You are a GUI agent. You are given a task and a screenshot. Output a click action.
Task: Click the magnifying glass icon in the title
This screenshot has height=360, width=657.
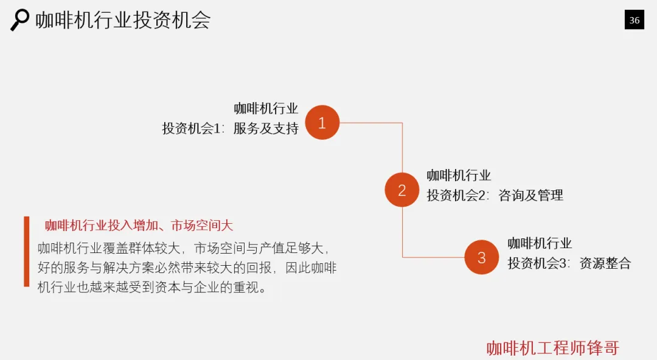click(19, 19)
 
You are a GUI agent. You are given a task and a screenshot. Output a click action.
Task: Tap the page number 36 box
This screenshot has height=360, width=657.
click(634, 20)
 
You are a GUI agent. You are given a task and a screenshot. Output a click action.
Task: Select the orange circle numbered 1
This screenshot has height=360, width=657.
click(322, 123)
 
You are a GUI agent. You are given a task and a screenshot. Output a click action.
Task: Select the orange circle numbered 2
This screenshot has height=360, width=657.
click(401, 190)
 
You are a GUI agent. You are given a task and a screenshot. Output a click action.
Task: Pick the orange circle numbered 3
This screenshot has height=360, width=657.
click(481, 257)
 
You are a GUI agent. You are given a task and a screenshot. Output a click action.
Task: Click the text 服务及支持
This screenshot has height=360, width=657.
click(266, 128)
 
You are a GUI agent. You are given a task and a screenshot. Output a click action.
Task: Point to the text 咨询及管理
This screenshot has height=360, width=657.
click(530, 195)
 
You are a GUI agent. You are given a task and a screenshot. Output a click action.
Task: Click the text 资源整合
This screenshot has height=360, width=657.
click(605, 263)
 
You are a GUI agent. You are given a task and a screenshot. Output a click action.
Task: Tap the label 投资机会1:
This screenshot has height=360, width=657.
click(193, 128)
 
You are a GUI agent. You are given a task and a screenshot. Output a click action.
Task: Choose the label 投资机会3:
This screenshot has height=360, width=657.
click(540, 263)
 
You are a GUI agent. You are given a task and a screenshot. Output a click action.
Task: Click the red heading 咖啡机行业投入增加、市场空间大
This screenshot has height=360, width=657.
click(139, 226)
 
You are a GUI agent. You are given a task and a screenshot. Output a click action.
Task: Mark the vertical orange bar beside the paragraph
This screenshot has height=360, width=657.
click(27, 251)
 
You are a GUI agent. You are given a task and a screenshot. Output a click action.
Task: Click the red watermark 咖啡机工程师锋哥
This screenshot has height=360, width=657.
click(552, 348)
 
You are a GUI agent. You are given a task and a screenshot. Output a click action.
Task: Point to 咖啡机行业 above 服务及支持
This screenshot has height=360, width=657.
click(266, 109)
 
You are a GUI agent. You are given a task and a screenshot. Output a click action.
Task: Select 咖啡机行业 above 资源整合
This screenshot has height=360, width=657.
click(540, 244)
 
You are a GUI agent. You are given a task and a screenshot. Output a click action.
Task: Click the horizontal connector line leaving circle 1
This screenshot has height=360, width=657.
click(371, 123)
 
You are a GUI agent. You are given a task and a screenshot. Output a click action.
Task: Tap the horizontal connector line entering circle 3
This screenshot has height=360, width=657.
click(433, 257)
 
